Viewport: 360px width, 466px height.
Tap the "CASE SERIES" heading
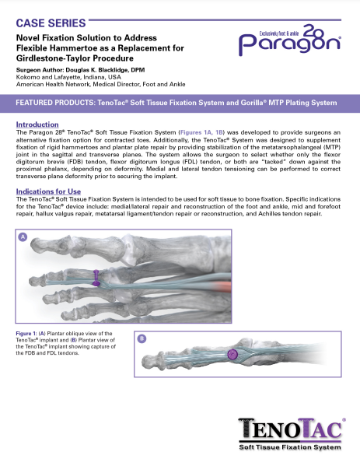pos(49,12)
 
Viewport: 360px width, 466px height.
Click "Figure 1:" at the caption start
pos(30,333)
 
